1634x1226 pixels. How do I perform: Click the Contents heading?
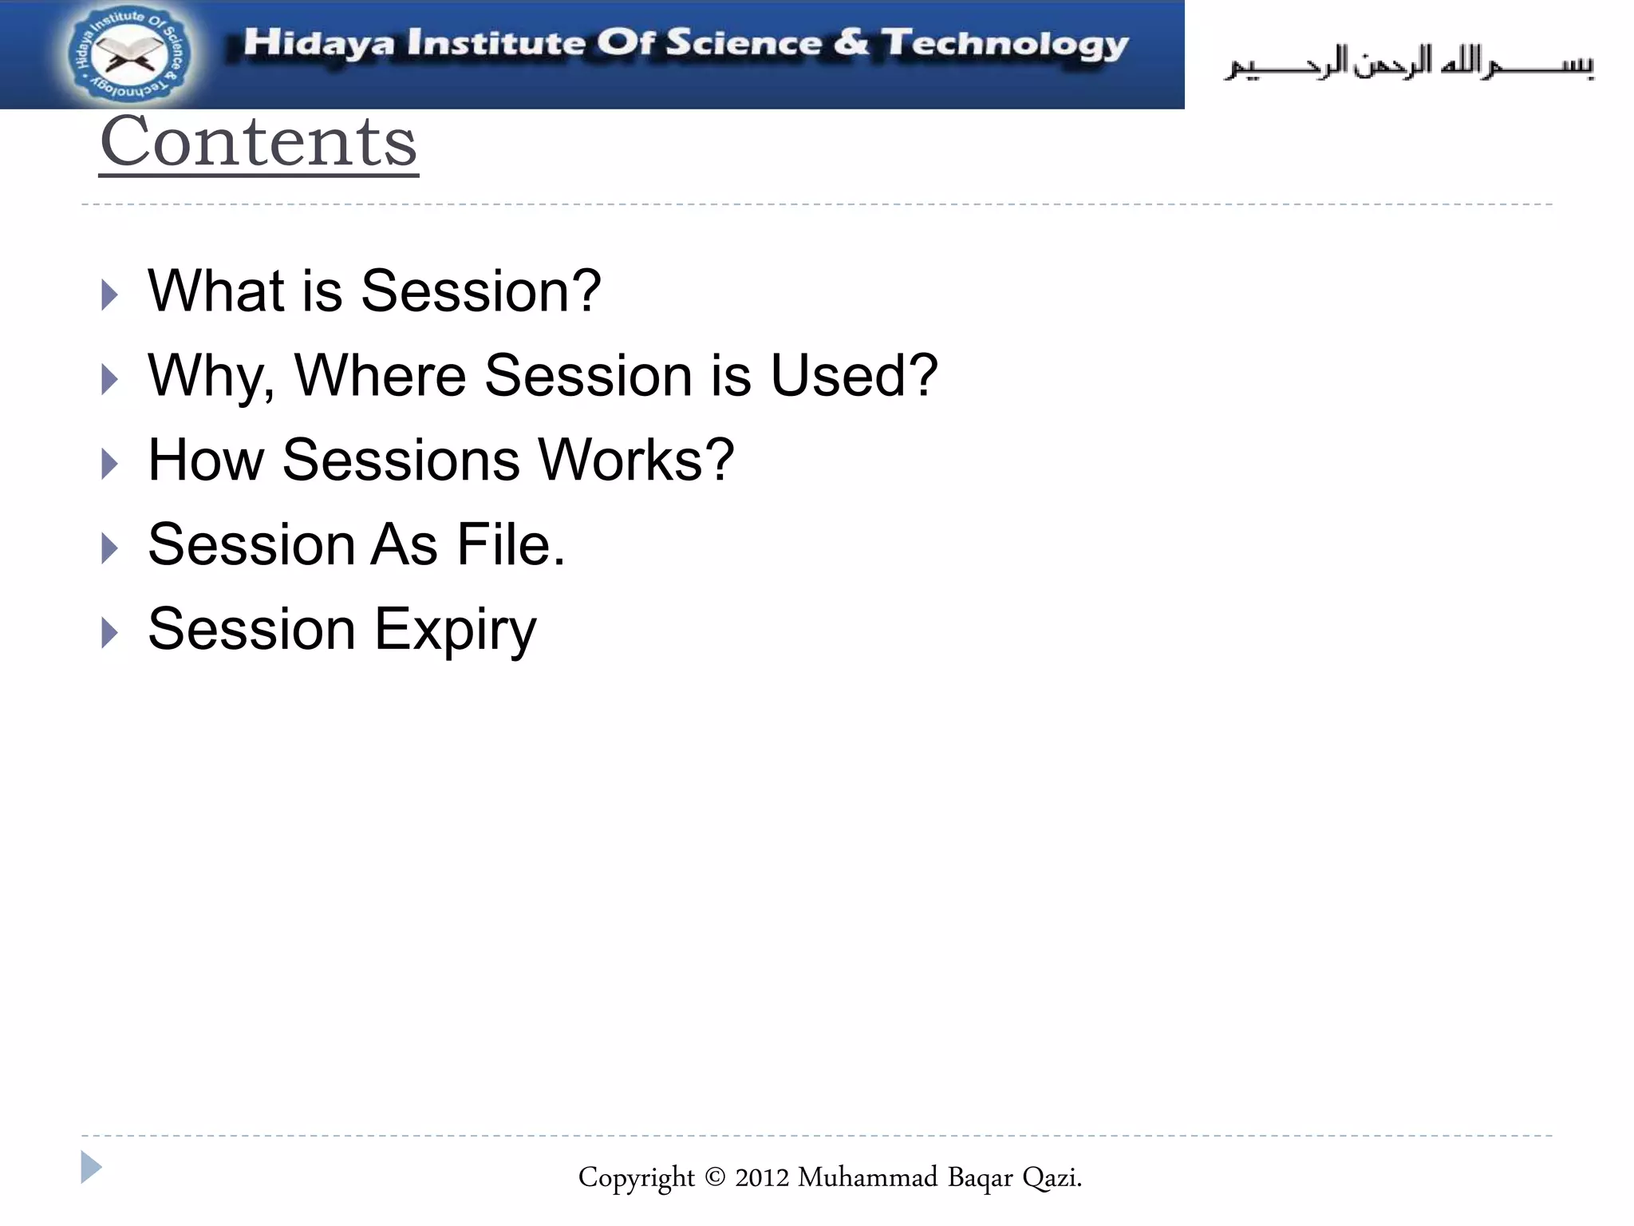[x=259, y=142]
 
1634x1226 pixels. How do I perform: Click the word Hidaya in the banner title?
[x=318, y=43]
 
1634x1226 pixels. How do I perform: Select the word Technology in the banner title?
[x=1004, y=45]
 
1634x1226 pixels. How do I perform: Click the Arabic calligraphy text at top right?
[x=1409, y=62]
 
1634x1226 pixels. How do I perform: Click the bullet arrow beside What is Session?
[x=110, y=295]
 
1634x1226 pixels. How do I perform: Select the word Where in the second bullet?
[x=380, y=375]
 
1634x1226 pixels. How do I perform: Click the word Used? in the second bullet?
[x=853, y=375]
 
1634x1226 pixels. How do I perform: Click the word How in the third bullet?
[x=206, y=460]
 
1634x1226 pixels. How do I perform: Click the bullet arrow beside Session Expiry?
[x=110, y=633]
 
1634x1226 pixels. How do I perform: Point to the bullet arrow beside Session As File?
[x=110, y=548]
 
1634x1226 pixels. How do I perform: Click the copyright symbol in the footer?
[x=715, y=1177]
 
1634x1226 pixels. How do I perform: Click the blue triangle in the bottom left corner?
[x=90, y=1167]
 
